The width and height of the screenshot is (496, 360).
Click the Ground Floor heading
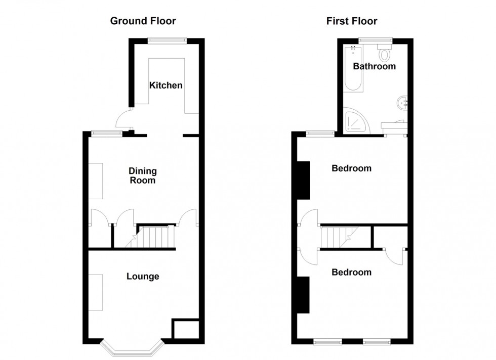point(143,21)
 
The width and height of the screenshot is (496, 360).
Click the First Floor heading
point(352,21)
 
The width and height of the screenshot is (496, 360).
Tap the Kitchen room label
point(166,85)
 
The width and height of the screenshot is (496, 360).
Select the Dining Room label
point(143,176)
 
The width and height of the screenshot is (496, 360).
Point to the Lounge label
point(143,277)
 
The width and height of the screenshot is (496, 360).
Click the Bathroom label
point(374,66)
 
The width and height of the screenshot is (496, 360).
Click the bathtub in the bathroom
point(353,68)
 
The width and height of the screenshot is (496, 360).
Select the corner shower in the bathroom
point(356,120)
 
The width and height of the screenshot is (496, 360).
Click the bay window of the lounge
point(133,348)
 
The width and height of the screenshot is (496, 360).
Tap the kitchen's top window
point(167,40)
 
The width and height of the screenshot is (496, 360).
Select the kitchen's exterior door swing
point(125,118)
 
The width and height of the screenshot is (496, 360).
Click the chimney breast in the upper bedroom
point(303,180)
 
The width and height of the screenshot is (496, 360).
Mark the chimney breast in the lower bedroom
point(303,295)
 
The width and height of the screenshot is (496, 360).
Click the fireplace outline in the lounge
point(96,292)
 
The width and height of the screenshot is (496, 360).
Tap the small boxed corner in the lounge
point(186,329)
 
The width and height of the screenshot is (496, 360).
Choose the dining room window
point(107,133)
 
